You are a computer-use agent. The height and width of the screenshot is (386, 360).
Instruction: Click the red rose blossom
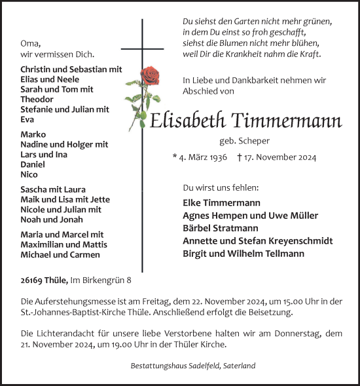pyautogui.click(x=151, y=75)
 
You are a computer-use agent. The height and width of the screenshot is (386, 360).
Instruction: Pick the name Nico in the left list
pyautogui.click(x=29, y=174)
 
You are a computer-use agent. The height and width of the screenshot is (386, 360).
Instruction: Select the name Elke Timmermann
pyautogui.click(x=223, y=203)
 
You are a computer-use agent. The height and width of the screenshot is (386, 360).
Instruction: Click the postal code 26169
pyautogui.click(x=32, y=280)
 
